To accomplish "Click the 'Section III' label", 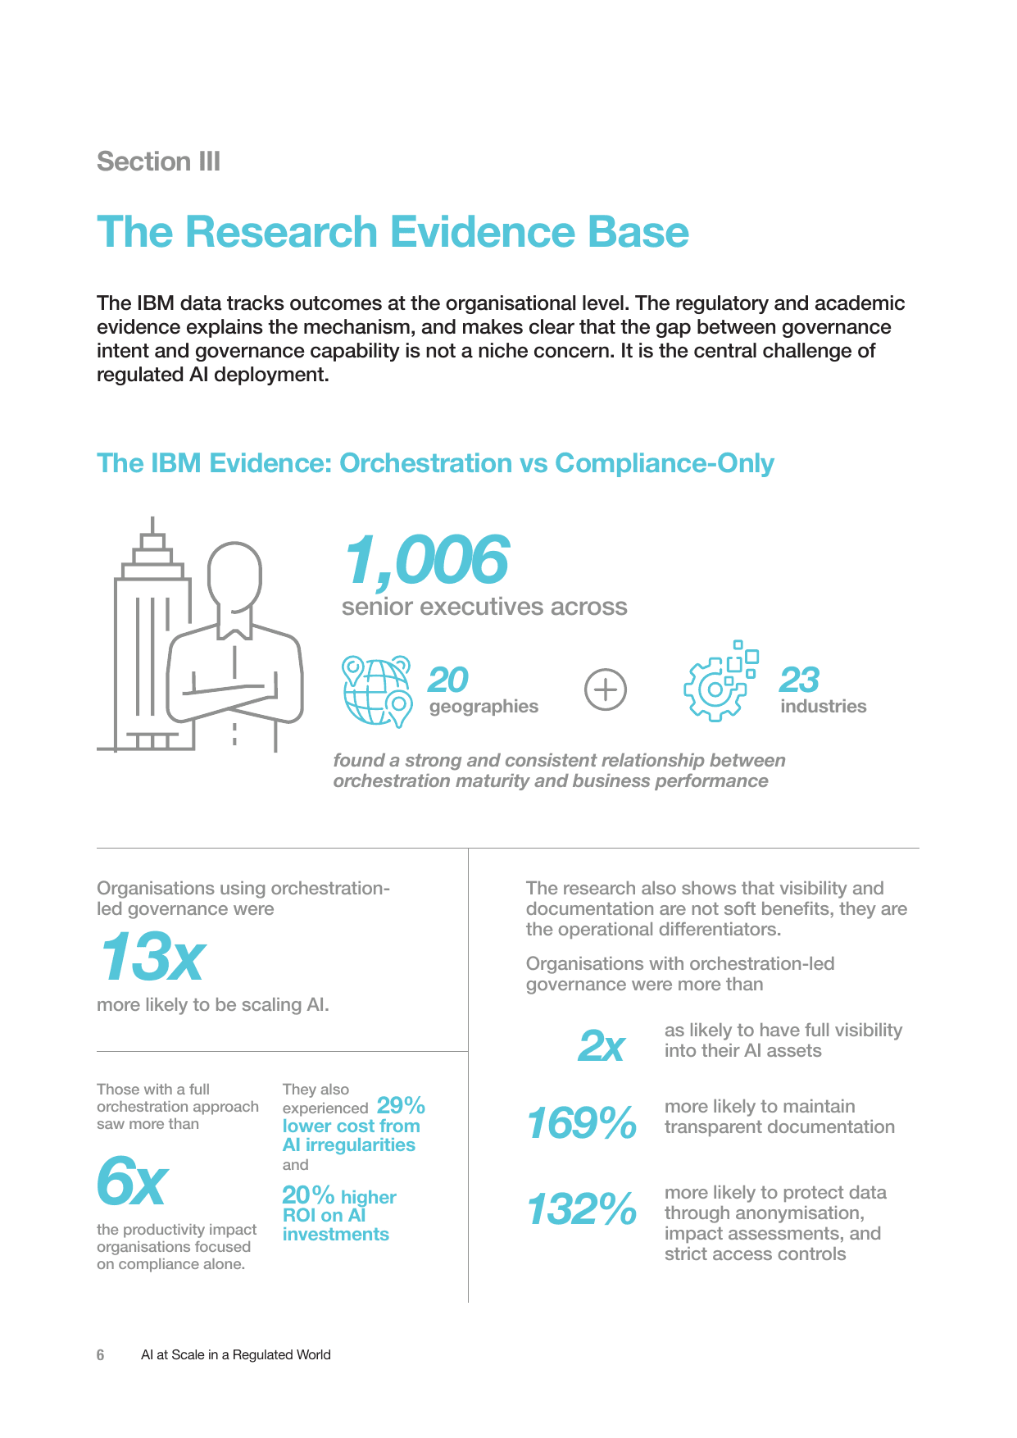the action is pyautogui.click(x=158, y=162).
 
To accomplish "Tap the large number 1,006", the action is pyautogui.click(x=426, y=561).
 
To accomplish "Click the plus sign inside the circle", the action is pyautogui.click(x=606, y=689).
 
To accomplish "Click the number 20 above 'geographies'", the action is pyautogui.click(x=447, y=680).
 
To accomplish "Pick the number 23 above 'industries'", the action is pyautogui.click(x=799, y=680).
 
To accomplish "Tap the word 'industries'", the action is pyautogui.click(x=823, y=706).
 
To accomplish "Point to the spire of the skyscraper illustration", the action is pyautogui.click(x=152, y=526).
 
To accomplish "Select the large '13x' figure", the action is pyautogui.click(x=152, y=957).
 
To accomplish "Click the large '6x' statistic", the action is pyautogui.click(x=132, y=1181).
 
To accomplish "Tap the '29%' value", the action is pyautogui.click(x=401, y=1105).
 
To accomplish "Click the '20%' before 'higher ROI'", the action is pyautogui.click(x=308, y=1195).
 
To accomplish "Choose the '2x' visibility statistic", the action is pyautogui.click(x=601, y=1046).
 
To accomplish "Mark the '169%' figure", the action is pyautogui.click(x=581, y=1123).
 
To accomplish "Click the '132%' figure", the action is pyautogui.click(x=581, y=1209).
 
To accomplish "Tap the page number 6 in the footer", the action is pyautogui.click(x=101, y=1355).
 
